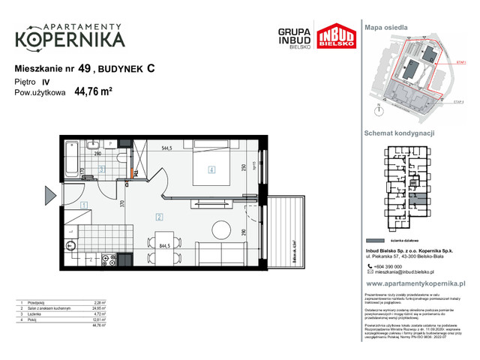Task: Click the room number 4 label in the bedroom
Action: [212, 170]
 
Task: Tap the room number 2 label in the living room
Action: [159, 217]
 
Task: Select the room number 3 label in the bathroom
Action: [102, 170]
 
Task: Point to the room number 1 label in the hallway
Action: [84, 205]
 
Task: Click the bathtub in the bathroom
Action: [72, 157]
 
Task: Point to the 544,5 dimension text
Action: [168, 148]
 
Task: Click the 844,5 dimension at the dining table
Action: [168, 244]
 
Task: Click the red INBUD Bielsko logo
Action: [331, 38]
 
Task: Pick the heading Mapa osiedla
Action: [386, 27]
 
